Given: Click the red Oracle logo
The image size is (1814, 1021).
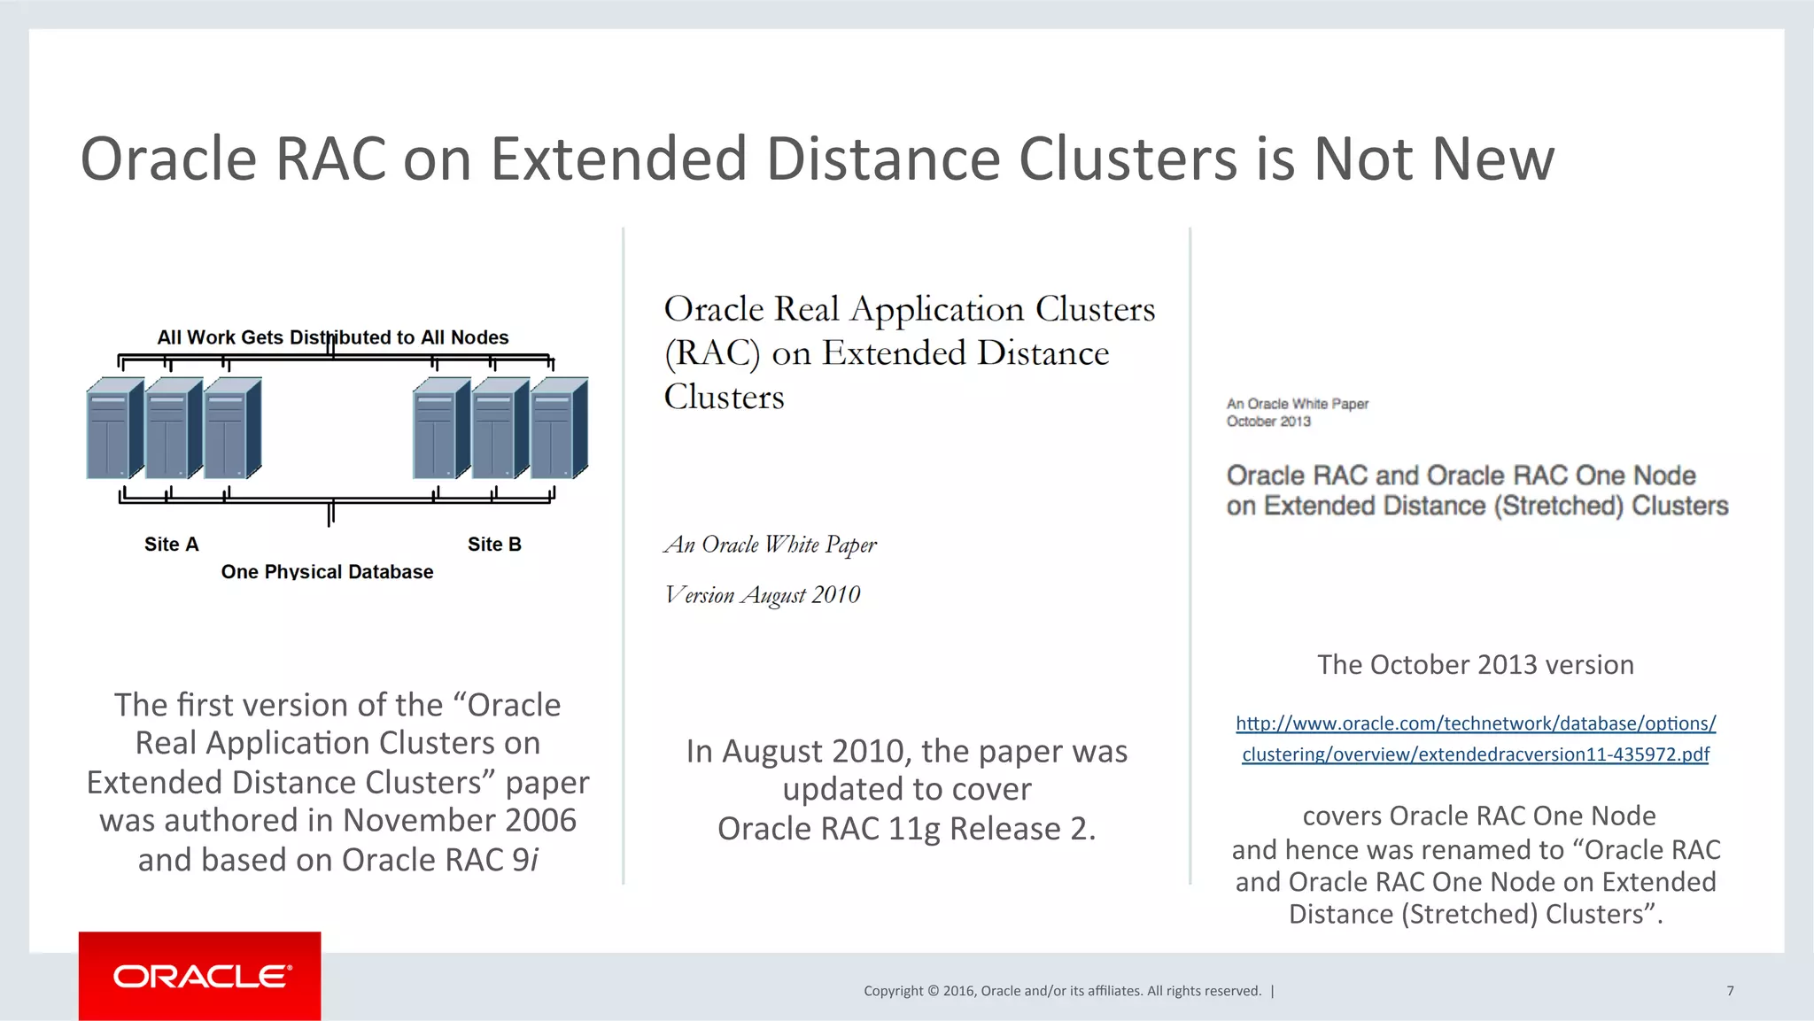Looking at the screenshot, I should [200, 976].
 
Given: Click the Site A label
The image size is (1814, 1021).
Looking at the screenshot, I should [171, 545].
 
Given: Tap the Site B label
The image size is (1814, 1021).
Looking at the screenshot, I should [494, 545].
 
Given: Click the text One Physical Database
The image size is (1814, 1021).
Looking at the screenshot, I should [327, 572].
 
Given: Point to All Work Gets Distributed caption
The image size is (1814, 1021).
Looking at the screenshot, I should [332, 337].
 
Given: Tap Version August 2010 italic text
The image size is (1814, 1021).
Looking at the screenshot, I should [763, 595].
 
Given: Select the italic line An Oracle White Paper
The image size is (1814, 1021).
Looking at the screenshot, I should [770, 545].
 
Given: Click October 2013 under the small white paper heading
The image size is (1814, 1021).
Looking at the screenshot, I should [1268, 422].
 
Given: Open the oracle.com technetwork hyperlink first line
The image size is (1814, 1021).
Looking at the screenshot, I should [1476, 723].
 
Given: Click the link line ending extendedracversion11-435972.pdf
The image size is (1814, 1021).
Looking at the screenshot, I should [1476, 754].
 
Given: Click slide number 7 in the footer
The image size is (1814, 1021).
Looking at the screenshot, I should [1730, 991].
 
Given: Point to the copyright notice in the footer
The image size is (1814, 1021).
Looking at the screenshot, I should [1062, 991].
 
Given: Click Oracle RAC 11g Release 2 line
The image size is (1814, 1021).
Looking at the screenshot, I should [906, 829].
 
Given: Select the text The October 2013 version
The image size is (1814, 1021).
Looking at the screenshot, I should [1475, 665].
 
